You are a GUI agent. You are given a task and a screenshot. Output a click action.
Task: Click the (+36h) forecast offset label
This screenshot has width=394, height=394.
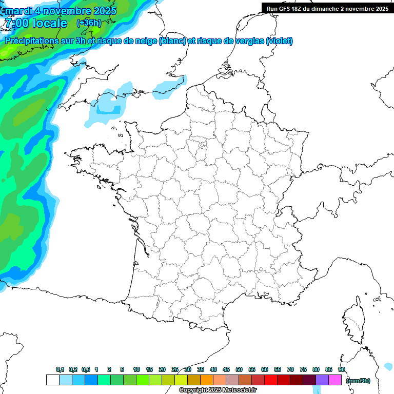point(88,23)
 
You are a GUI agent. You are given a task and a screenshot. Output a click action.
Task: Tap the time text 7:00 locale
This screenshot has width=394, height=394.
point(35,23)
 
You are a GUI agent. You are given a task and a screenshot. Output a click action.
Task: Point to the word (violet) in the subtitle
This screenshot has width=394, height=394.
point(280,41)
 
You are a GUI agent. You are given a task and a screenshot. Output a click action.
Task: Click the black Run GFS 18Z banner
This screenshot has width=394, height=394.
point(327,8)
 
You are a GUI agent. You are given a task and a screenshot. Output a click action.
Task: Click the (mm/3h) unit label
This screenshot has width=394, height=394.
point(358,381)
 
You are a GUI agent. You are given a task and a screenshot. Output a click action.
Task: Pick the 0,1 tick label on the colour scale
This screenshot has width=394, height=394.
point(60,369)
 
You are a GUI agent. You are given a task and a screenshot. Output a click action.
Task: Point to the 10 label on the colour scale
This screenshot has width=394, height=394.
point(136,369)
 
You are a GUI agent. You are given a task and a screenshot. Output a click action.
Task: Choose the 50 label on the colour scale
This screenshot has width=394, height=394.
point(239,369)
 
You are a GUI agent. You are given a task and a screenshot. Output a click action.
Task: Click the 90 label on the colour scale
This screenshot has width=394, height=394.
point(341,369)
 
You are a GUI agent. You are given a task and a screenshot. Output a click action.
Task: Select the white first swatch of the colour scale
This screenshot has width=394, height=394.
point(52,380)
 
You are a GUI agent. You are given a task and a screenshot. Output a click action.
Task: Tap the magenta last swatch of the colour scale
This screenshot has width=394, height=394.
point(335,380)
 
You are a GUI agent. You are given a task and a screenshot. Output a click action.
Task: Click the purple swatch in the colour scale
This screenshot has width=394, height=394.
point(322,380)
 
